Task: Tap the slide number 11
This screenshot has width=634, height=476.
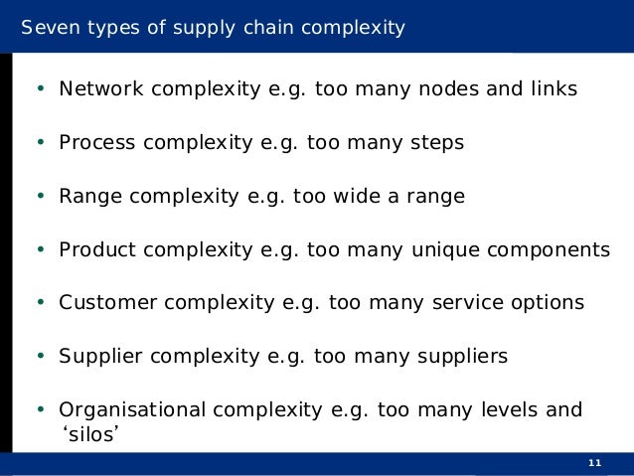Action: pos(595,464)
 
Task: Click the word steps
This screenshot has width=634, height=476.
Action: pos(435,143)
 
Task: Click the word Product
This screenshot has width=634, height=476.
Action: pos(97,249)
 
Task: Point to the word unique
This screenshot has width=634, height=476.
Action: pos(444,249)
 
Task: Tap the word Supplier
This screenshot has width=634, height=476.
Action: pos(97,356)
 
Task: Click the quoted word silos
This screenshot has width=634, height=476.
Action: pos(83,433)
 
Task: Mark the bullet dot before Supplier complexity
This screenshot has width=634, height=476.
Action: pos(40,356)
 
